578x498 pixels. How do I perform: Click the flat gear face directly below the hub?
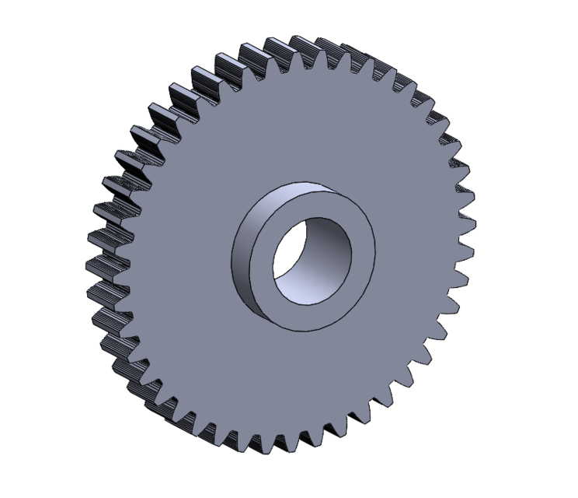[303, 381]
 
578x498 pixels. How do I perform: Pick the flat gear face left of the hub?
[179, 249]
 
